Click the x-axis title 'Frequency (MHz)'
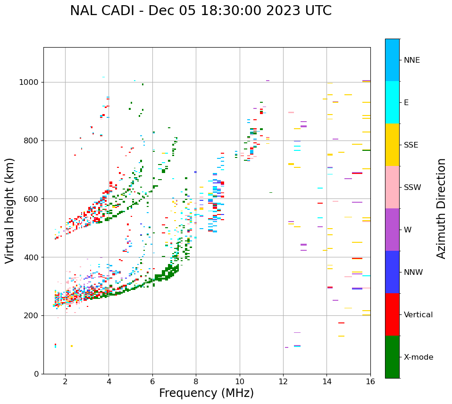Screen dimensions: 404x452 206,393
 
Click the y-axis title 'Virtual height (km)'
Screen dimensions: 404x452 10,211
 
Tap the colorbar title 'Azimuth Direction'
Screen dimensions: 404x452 441,208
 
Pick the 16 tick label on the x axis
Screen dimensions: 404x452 370,381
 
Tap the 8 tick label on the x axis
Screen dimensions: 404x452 196,381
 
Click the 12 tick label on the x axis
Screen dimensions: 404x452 283,381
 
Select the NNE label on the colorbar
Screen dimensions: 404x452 411,60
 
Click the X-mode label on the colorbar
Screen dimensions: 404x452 418,357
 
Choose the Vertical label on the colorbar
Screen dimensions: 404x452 418,315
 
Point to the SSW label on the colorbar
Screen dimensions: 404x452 412,188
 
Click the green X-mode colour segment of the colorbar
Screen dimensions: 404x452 392,357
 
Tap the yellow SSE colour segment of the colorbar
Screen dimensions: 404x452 392,145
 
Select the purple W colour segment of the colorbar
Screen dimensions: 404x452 392,230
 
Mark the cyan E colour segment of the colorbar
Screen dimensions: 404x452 392,102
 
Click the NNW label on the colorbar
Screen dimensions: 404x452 413,272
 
